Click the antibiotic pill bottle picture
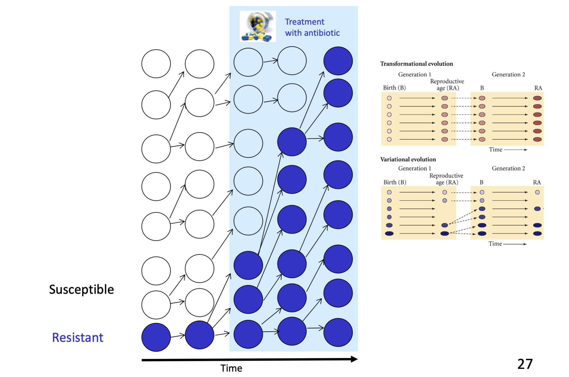(258, 26)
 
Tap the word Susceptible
(81, 289)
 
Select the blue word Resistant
(78, 337)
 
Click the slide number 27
(525, 364)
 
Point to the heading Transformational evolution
(416, 64)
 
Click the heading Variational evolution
(408, 159)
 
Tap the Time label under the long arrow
(231, 368)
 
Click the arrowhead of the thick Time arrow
(354, 359)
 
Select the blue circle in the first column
(156, 337)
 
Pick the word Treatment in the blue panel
(304, 22)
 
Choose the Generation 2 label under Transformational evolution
(508, 74)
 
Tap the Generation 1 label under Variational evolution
(414, 168)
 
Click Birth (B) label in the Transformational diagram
(394, 88)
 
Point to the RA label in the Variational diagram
(537, 182)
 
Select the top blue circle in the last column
(338, 61)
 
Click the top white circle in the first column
(156, 64)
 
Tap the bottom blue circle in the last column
(338, 333)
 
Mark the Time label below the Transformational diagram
(495, 149)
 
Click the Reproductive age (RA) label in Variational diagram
(446, 179)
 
